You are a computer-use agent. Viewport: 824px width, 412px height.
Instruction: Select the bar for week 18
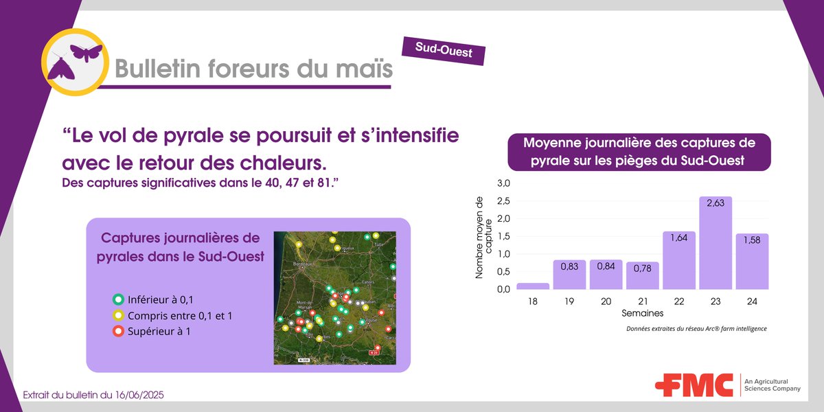(x=533, y=286)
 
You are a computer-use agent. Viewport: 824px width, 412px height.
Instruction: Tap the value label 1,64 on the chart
(x=679, y=239)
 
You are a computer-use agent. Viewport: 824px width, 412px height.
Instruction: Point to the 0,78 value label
(x=642, y=269)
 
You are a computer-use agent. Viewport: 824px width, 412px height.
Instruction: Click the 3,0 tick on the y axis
(x=504, y=183)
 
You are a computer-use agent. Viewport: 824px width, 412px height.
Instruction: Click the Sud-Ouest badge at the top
(x=444, y=49)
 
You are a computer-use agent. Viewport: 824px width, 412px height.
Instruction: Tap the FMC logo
(x=694, y=385)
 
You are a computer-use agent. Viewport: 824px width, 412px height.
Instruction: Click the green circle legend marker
(x=117, y=299)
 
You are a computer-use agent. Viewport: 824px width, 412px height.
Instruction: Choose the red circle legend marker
(x=117, y=332)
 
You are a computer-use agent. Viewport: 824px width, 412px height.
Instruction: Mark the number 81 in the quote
(x=327, y=184)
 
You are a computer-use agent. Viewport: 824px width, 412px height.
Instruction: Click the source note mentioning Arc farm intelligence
(x=696, y=329)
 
